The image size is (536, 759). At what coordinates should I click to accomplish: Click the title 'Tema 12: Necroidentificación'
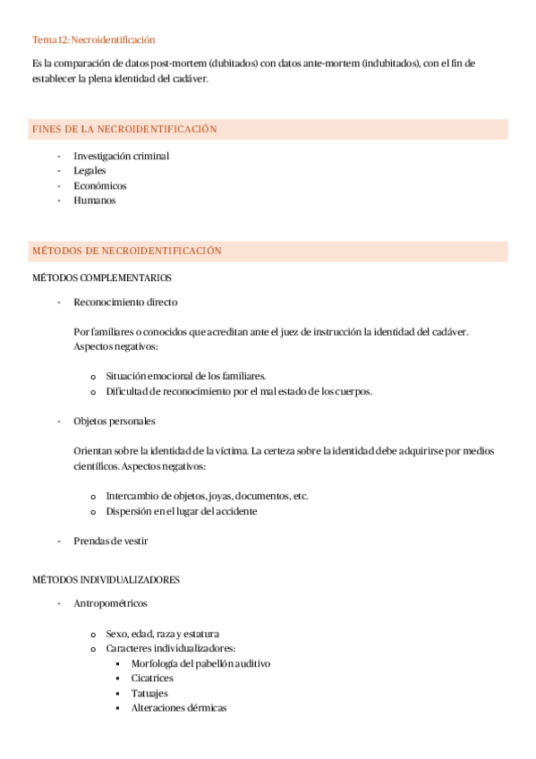(x=94, y=39)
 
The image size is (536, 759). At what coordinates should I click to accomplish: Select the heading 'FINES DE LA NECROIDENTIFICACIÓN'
(x=124, y=130)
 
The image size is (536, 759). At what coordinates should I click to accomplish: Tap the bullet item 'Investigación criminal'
(x=121, y=156)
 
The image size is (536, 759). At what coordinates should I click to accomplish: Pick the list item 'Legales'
(x=89, y=170)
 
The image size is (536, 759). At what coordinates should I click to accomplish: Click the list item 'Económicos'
(x=100, y=185)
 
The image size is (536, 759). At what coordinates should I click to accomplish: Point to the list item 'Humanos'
(x=95, y=200)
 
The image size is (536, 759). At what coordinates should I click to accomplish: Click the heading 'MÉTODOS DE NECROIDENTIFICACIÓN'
(x=126, y=252)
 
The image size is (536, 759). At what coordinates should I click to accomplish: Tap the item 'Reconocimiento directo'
(x=125, y=302)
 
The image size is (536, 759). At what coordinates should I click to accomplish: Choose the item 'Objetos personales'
(x=114, y=421)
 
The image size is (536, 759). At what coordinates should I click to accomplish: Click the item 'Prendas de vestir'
(x=111, y=541)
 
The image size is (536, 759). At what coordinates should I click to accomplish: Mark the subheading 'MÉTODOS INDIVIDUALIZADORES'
(x=106, y=579)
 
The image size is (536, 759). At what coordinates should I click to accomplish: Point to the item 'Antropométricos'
(x=111, y=603)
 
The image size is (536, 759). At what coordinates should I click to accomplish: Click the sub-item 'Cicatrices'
(x=152, y=678)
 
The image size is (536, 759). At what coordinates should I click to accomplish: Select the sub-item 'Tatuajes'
(x=149, y=693)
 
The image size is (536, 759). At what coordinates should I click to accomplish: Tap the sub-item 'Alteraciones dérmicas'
(x=179, y=708)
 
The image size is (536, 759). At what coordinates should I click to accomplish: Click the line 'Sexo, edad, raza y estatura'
(x=162, y=633)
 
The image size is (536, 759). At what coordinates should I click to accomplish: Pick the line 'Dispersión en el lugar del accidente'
(x=181, y=511)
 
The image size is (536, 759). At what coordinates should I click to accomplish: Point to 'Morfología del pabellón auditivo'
(x=200, y=663)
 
